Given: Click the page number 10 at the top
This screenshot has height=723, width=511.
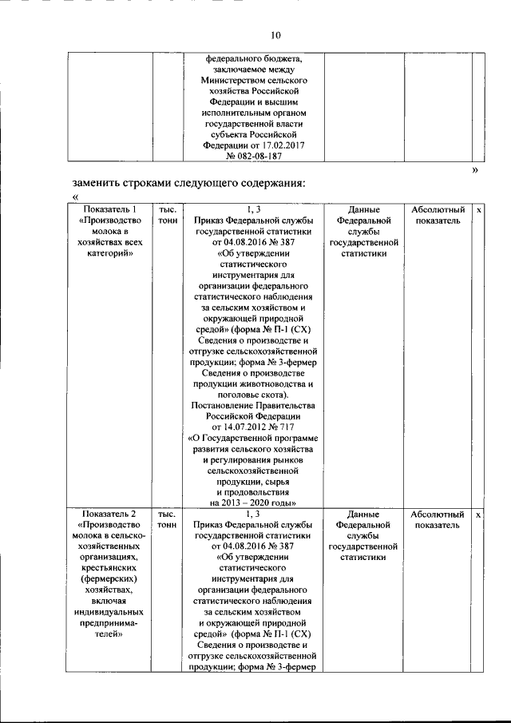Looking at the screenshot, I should pyautogui.click(x=276, y=35).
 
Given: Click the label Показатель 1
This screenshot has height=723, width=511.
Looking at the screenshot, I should pyautogui.click(x=109, y=209).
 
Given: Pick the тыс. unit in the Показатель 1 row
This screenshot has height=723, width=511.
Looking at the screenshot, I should pyautogui.click(x=167, y=209).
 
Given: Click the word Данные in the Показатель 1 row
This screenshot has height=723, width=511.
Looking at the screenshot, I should pyautogui.click(x=362, y=209).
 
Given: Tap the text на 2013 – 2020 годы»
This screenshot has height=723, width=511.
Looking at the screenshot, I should pyautogui.click(x=252, y=503).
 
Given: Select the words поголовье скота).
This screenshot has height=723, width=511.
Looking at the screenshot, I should pyautogui.click(x=252, y=394).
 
